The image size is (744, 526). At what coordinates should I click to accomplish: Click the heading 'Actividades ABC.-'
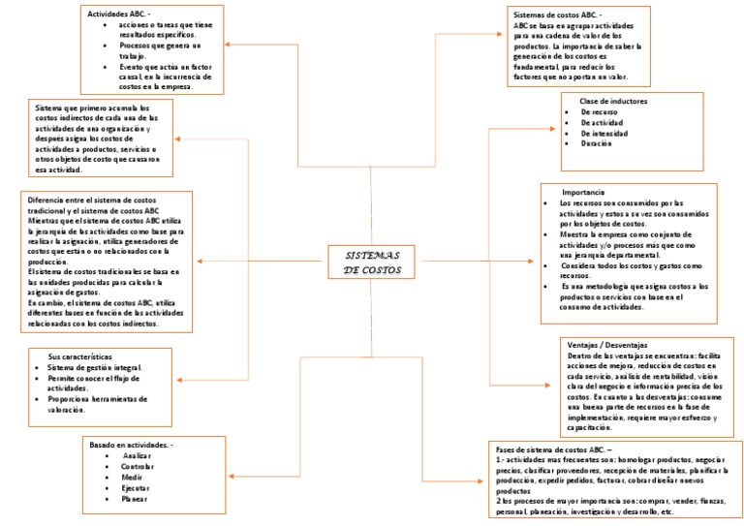119,15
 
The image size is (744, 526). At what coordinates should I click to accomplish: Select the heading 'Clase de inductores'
613,101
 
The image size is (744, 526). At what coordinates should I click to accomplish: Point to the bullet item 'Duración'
596,143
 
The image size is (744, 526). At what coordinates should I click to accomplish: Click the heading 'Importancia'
583,192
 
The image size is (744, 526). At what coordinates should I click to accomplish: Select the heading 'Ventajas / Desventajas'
606,345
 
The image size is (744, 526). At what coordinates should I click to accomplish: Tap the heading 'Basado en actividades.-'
131,444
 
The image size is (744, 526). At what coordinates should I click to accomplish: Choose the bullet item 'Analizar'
137,454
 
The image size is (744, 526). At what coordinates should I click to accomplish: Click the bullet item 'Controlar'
138,466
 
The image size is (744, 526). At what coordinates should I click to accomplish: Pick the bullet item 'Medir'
133,477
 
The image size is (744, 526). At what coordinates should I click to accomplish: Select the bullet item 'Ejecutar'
136,488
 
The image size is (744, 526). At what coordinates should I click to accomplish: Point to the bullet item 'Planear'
135,499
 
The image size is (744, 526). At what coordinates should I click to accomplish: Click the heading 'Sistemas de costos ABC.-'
557,15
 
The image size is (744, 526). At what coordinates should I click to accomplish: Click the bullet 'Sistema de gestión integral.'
95,367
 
